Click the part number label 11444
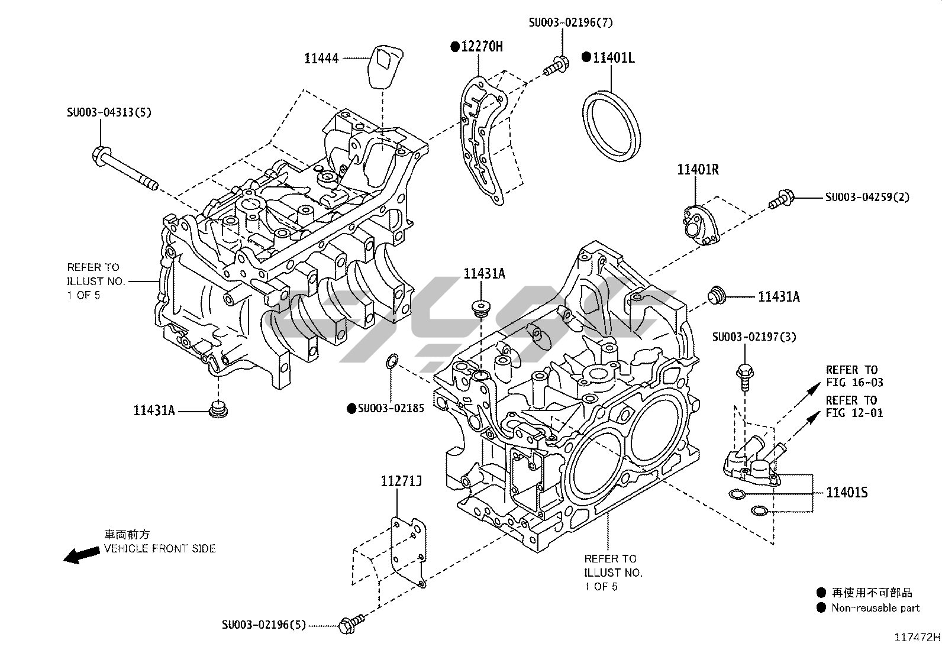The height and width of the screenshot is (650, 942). click(321, 58)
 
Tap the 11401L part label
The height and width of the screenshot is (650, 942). click(614, 57)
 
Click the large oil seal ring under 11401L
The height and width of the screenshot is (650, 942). click(611, 125)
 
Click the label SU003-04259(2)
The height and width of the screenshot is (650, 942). click(867, 197)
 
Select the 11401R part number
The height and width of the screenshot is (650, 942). click(698, 170)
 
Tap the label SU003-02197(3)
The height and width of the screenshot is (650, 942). click(754, 337)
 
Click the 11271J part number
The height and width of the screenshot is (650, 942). click(402, 481)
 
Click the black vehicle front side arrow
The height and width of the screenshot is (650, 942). click(81, 555)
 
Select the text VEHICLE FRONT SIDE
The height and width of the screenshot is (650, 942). click(160, 548)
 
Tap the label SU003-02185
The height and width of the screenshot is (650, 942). click(391, 408)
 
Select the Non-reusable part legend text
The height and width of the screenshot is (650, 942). click(875, 607)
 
